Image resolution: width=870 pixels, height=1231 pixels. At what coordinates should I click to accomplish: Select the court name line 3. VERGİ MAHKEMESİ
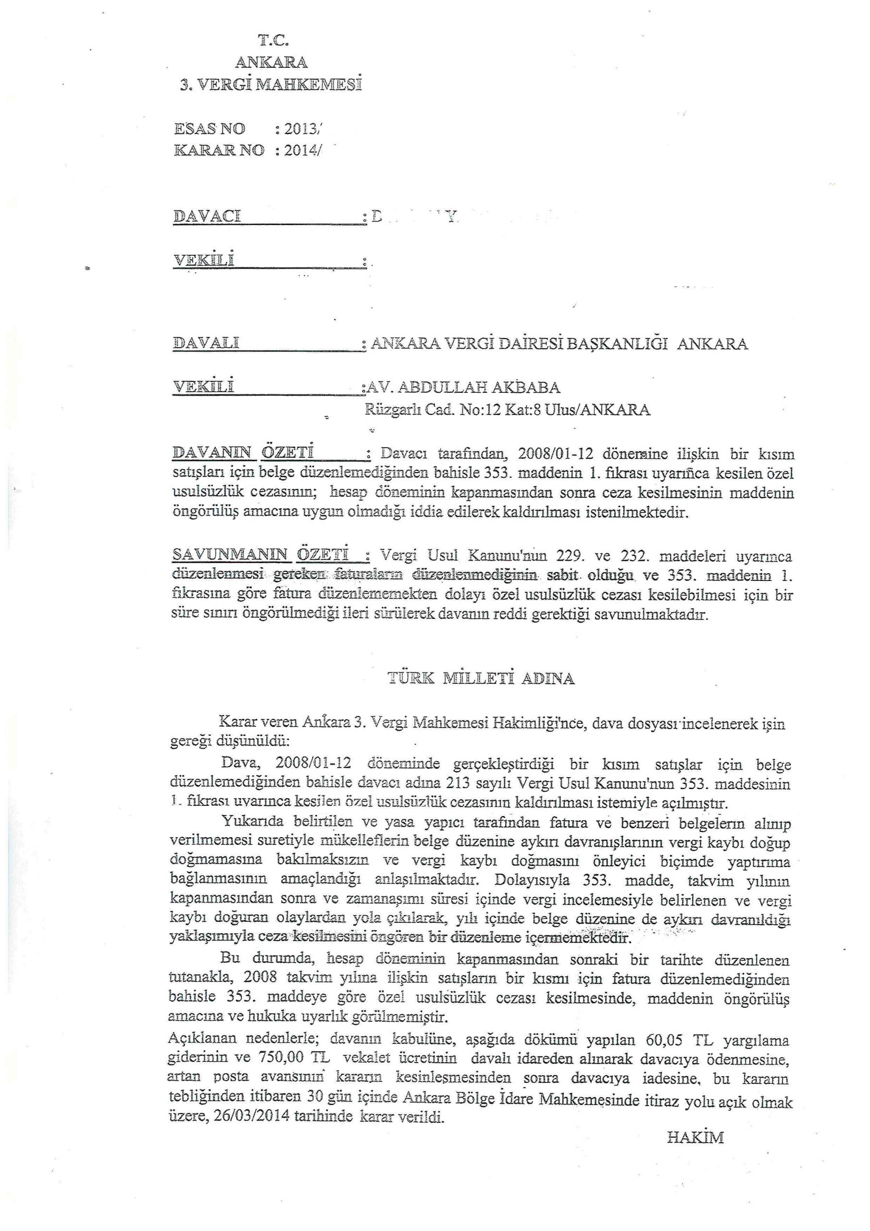(x=271, y=85)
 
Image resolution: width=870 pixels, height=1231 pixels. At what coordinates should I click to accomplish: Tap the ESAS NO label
(x=210, y=129)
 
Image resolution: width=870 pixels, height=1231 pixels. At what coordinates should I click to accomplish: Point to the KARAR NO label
(x=219, y=151)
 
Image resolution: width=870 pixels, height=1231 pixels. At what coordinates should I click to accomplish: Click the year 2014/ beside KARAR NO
(x=303, y=151)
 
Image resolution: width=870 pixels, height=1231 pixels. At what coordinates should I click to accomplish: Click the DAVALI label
(x=206, y=343)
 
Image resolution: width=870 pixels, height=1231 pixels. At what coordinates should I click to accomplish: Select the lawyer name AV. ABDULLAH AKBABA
(x=461, y=387)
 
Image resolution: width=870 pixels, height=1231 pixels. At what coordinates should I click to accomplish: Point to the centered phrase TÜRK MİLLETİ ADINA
(x=481, y=679)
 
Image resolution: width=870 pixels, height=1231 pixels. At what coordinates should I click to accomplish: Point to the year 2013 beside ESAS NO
(x=302, y=129)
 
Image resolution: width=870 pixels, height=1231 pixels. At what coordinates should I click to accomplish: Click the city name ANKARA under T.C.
(x=272, y=63)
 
